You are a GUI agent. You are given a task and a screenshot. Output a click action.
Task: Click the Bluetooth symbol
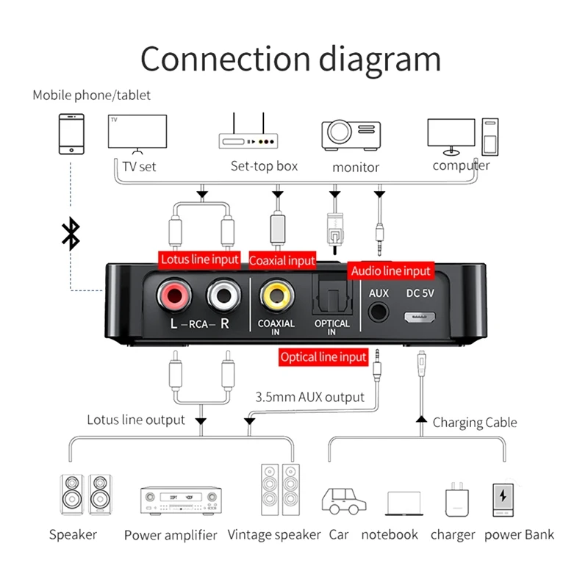(70, 233)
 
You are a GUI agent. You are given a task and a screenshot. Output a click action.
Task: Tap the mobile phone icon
(71, 135)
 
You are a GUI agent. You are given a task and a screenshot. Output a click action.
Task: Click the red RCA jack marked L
(173, 295)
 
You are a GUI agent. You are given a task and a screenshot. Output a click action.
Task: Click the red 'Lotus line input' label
(200, 259)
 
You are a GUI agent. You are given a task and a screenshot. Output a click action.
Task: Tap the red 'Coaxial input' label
(282, 260)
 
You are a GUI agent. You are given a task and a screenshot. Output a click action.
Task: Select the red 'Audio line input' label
(390, 270)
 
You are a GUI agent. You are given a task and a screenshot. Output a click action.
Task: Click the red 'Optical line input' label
(323, 357)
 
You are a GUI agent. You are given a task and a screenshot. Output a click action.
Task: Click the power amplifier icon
(181, 500)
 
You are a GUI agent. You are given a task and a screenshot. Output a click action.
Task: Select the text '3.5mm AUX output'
(309, 397)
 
